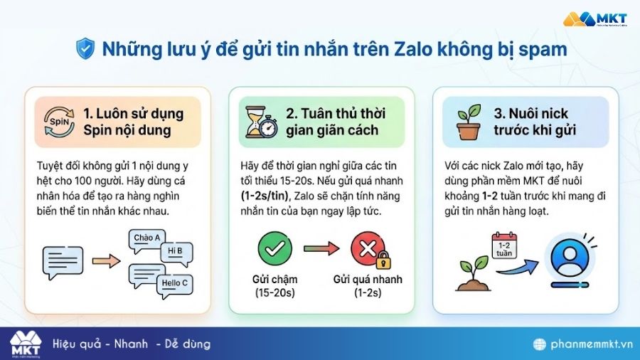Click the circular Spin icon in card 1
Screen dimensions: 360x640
point(58,122)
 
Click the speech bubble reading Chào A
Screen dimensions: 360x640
point(146,238)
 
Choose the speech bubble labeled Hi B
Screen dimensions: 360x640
point(175,250)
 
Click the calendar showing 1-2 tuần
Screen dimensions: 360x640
point(504,246)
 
